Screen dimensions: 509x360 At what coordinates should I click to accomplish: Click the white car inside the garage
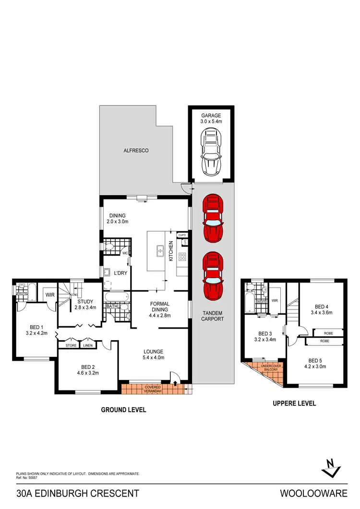(x=212, y=153)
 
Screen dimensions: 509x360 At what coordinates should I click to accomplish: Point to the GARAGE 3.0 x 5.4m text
(x=211, y=118)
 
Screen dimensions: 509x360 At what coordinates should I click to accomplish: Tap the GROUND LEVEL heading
(x=123, y=410)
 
